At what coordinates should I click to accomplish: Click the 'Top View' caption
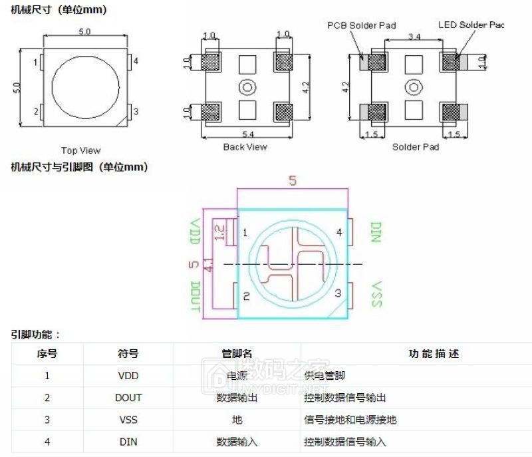click(81, 150)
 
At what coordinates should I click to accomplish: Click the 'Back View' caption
click(245, 146)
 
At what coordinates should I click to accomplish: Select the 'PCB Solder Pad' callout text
click(361, 25)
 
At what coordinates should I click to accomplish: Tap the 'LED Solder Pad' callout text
click(471, 25)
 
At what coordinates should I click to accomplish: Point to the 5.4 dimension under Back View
click(248, 134)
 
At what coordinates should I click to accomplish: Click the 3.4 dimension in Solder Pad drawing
click(413, 35)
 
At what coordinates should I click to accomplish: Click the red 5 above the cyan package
click(292, 180)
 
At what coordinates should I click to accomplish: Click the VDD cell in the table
click(128, 375)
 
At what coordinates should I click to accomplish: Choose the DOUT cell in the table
click(128, 398)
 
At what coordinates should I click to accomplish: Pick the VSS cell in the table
click(128, 420)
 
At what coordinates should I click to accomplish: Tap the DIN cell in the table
click(128, 442)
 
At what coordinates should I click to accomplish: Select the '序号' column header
click(47, 353)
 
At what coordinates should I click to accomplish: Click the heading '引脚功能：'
click(35, 335)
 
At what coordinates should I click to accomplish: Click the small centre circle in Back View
click(248, 86)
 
